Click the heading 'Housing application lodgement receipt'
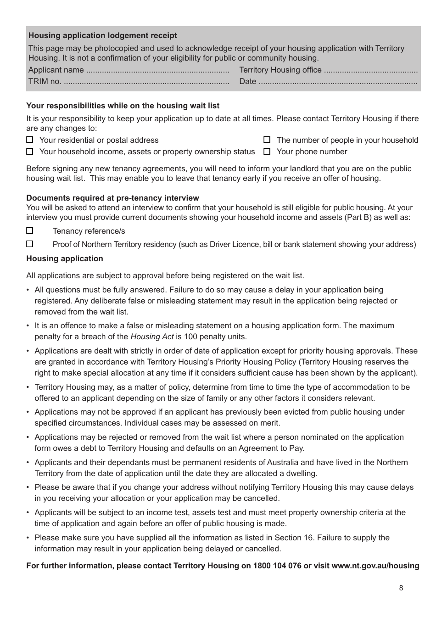coord(102,36)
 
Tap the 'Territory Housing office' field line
coord(371,70)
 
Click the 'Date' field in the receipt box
coord(338,82)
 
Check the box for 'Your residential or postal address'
coord(30,140)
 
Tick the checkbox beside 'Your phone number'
coord(267,151)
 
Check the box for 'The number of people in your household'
coord(267,140)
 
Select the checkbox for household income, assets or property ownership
coord(30,151)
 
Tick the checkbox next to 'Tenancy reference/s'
coord(30,231)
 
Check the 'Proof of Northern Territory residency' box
coord(30,244)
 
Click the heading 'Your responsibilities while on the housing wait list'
coord(123,106)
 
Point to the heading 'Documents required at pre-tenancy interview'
coord(112,198)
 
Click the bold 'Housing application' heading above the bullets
coord(65,259)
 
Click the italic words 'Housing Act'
coord(152,337)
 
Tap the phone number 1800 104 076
coord(277,566)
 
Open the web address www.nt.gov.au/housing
coord(375,566)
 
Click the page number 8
coord(401,588)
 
